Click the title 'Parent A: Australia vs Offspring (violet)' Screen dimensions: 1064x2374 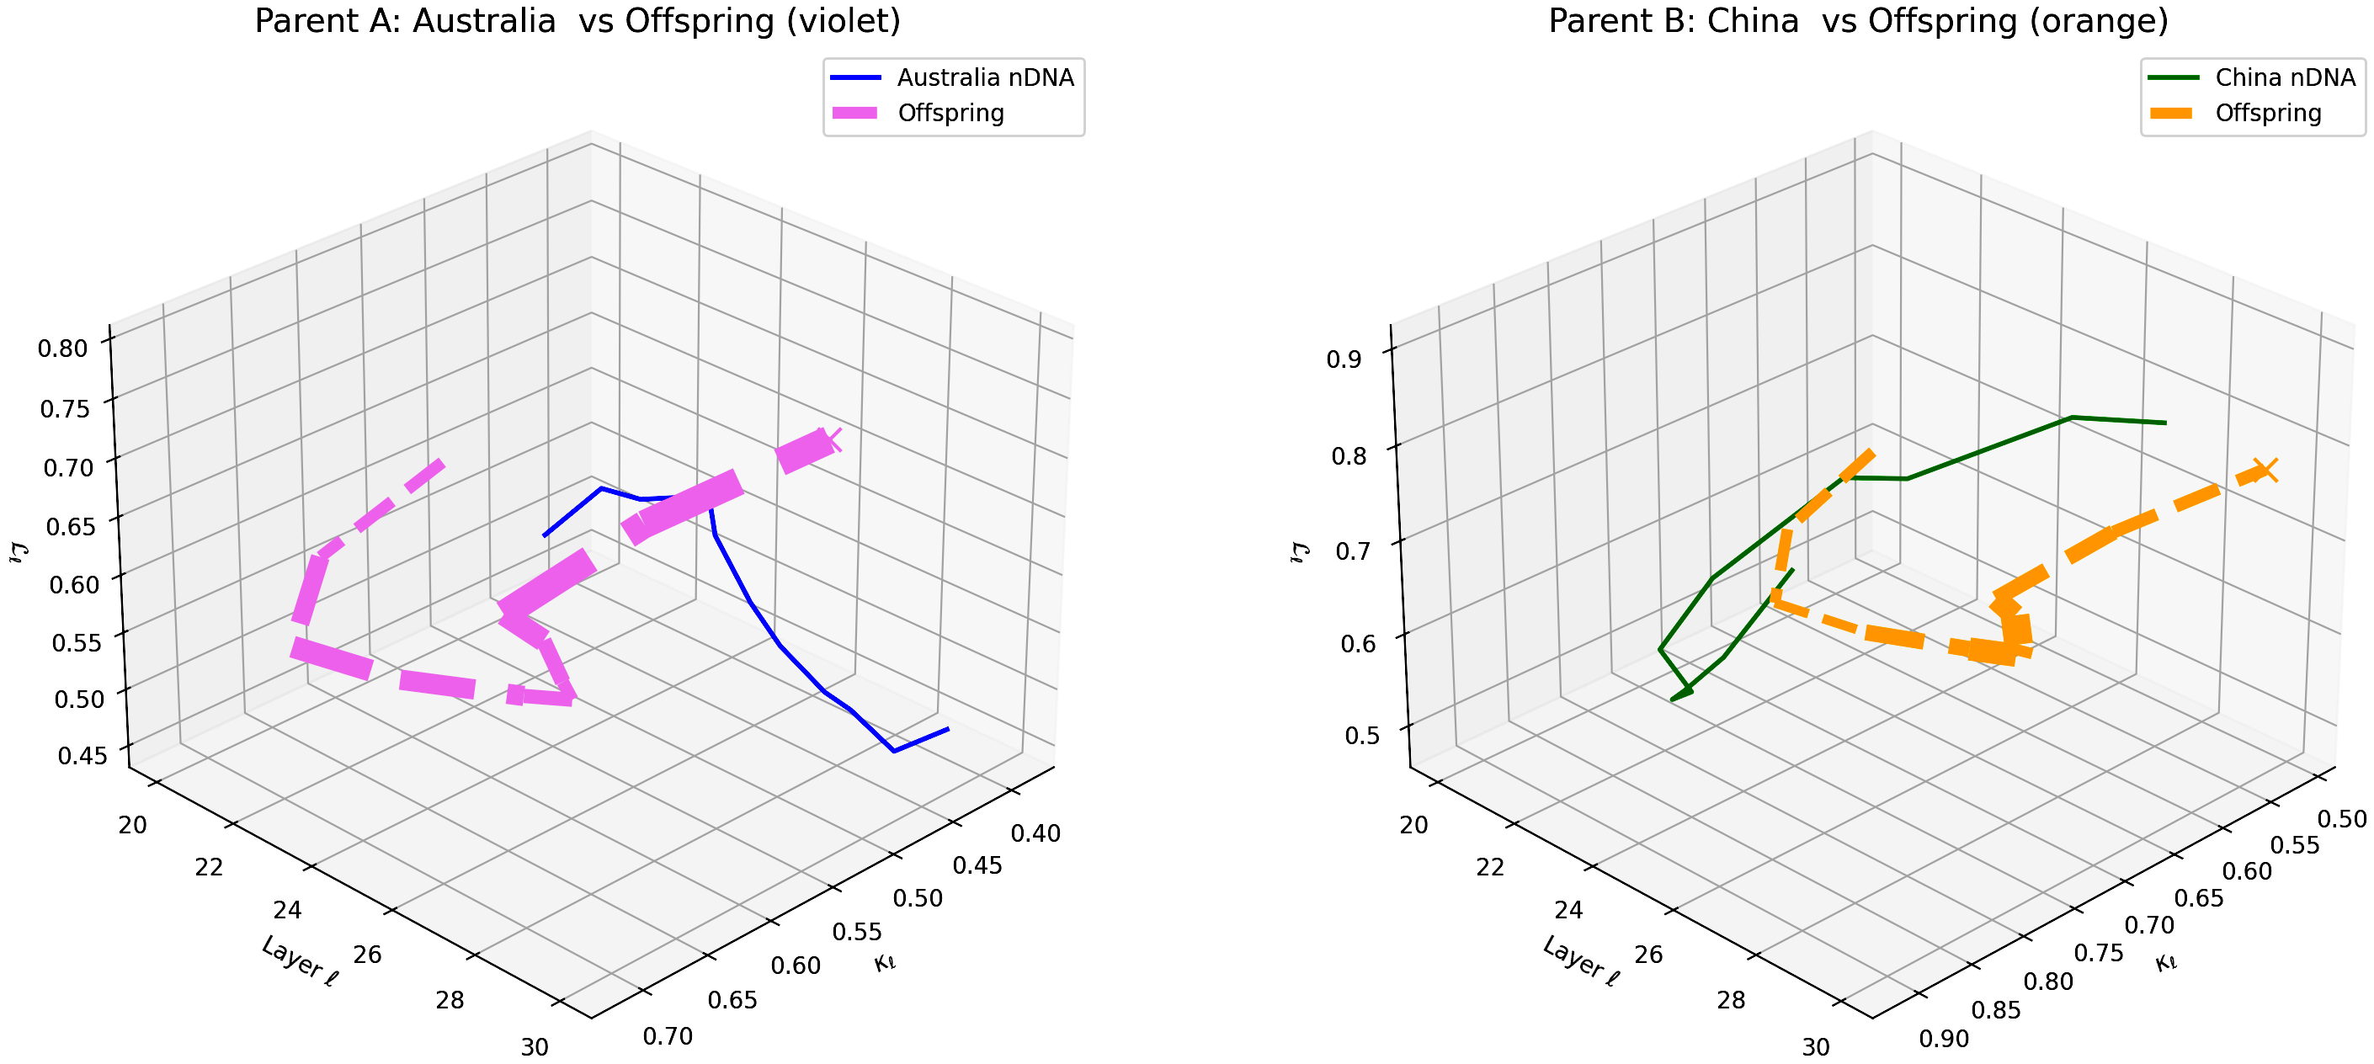577,21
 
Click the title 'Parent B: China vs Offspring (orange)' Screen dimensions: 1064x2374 1858,21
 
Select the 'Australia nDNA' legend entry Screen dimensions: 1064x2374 985,77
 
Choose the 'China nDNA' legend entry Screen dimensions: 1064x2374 2285,77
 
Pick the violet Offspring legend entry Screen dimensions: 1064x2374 950,114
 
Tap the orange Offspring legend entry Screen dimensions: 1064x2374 2268,114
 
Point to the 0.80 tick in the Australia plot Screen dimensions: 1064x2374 62,348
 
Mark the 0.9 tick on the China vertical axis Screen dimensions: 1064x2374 1344,359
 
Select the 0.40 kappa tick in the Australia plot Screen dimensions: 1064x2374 1035,833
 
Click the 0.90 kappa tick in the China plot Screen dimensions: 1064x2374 1945,1039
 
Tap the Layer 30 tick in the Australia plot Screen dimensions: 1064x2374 535,1047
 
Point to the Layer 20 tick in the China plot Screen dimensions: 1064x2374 1413,824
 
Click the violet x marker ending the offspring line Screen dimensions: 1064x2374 829,440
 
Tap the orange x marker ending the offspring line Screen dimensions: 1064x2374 2265,470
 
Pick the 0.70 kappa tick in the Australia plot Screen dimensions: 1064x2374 668,1036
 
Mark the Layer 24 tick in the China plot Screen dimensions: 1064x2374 1568,910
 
